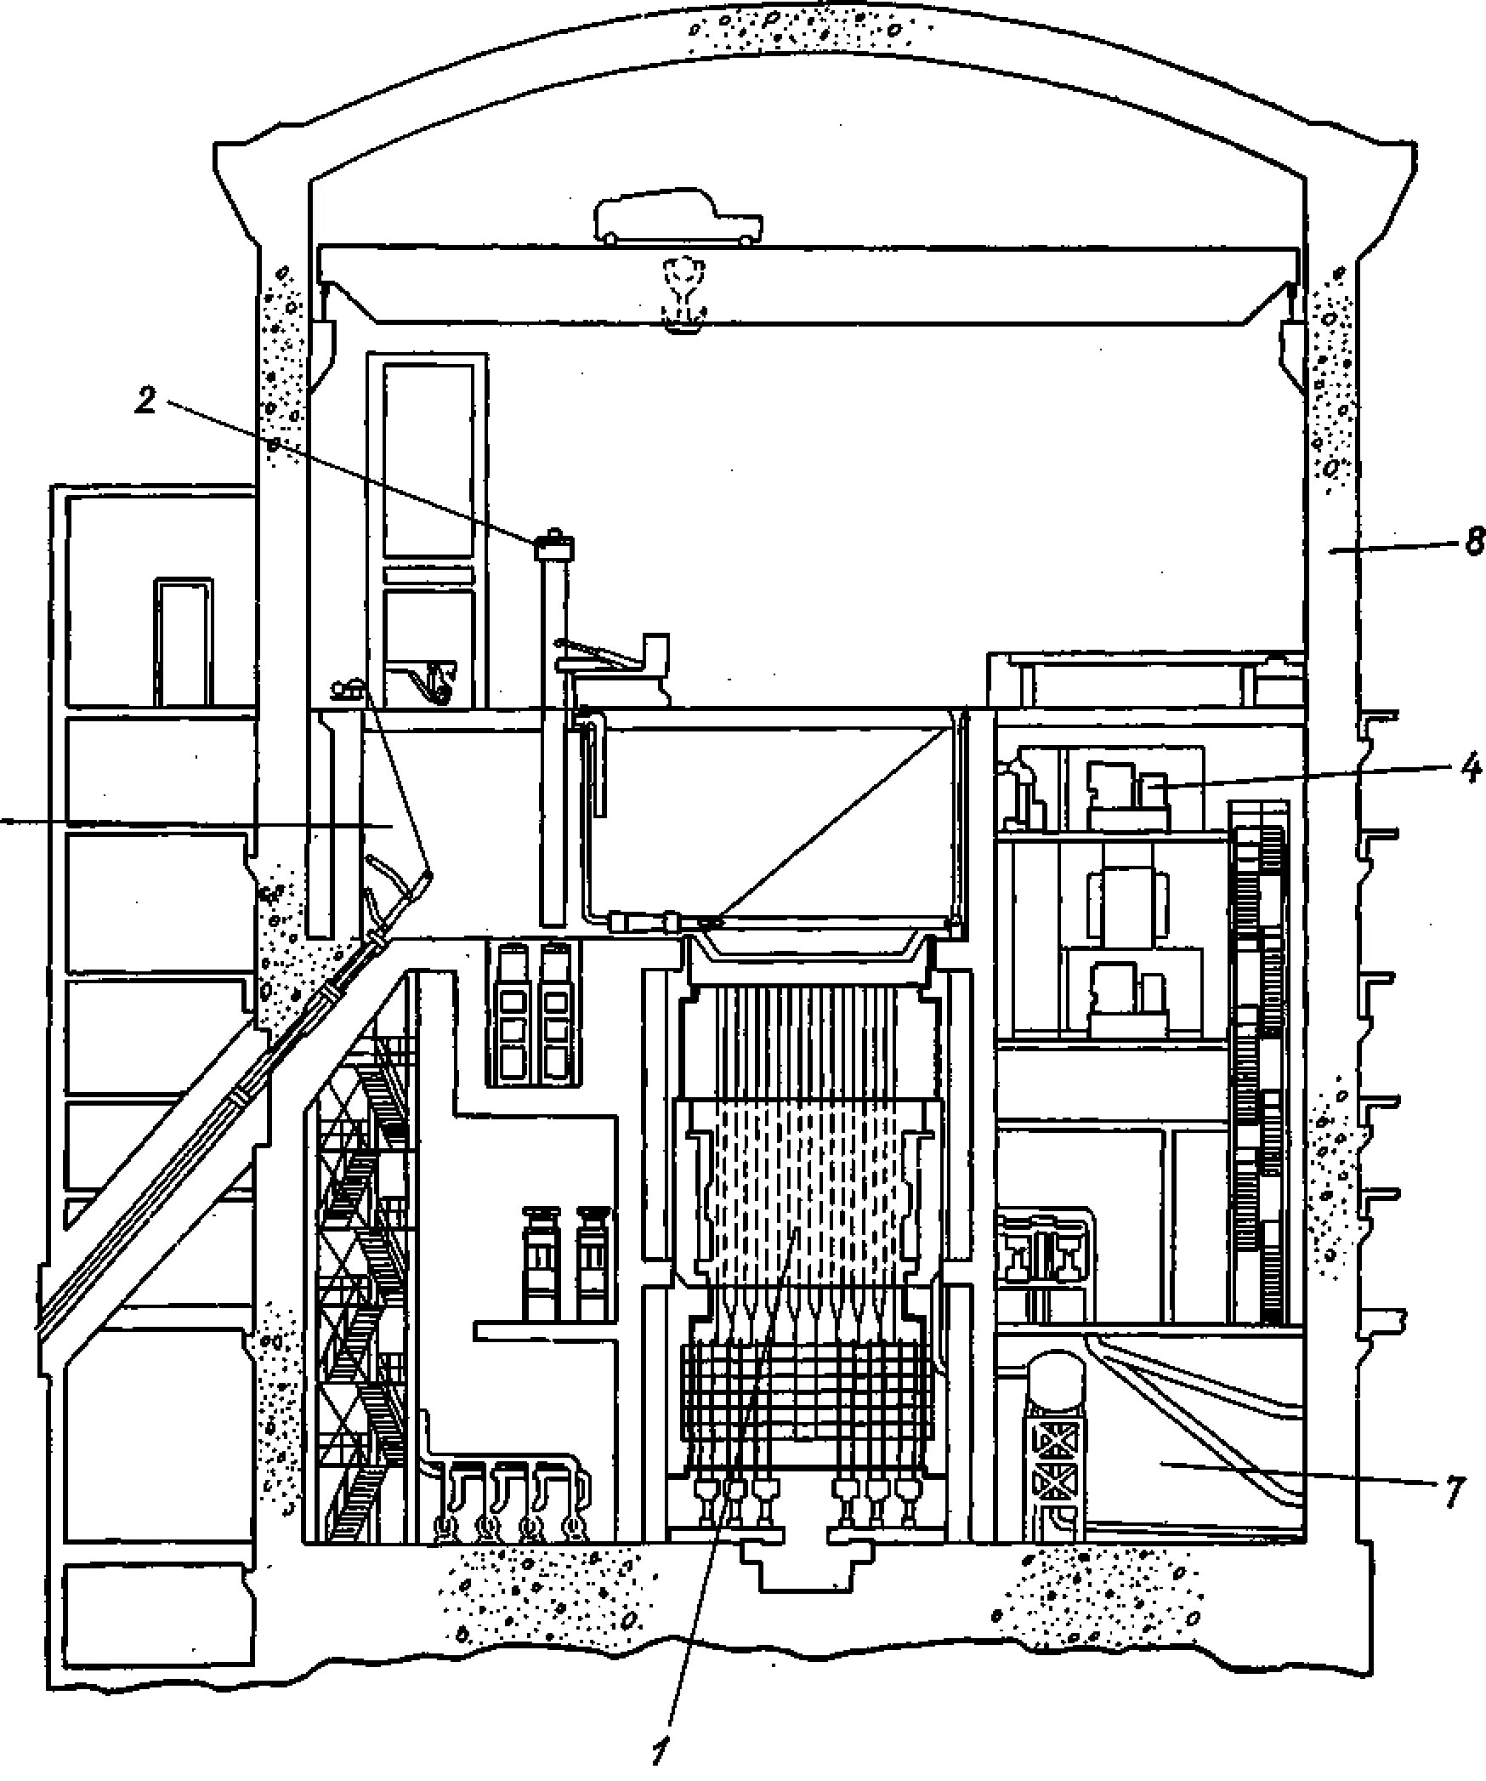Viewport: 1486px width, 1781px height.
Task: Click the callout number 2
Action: click(146, 400)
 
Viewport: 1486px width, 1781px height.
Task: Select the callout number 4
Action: click(1472, 769)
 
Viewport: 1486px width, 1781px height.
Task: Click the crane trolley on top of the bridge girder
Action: click(678, 219)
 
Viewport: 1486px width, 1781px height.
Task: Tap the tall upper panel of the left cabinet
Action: click(428, 459)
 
